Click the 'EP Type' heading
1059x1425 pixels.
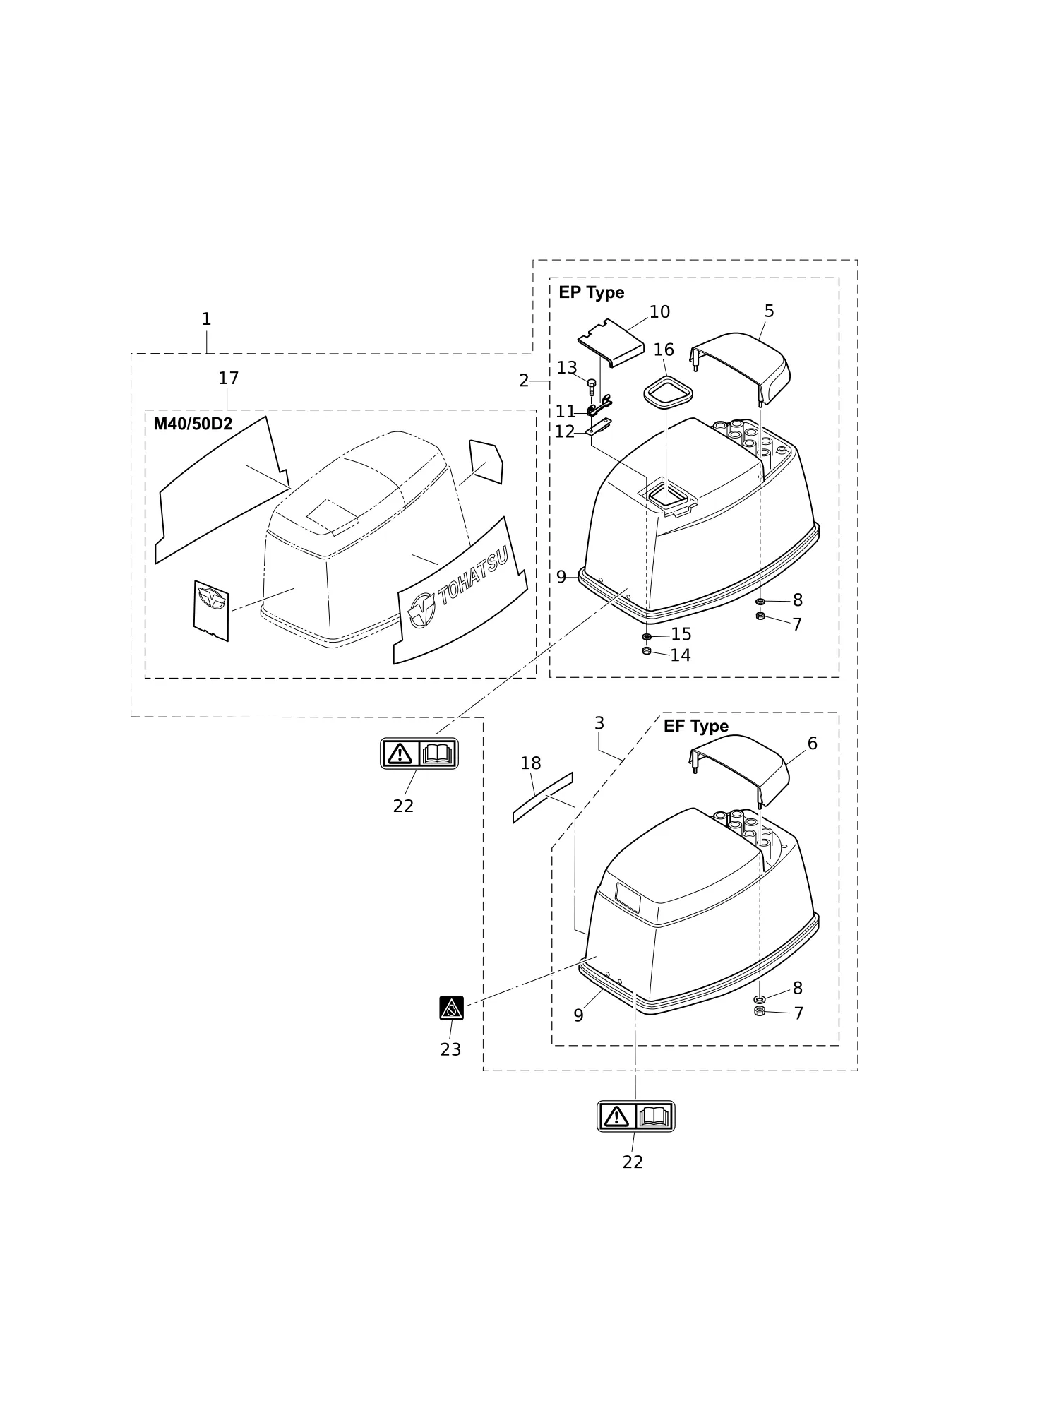pos(591,292)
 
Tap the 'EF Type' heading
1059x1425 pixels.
pos(695,726)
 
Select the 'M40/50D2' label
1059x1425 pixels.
pos(193,424)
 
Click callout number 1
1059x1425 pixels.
pos(206,319)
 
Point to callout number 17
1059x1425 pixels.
pos(228,378)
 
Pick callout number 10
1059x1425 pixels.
pos(659,312)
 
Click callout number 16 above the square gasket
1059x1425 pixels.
pos(664,350)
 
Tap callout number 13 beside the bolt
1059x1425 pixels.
pos(567,368)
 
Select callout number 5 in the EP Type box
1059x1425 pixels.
pos(769,311)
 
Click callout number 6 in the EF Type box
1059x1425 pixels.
pos(812,744)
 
